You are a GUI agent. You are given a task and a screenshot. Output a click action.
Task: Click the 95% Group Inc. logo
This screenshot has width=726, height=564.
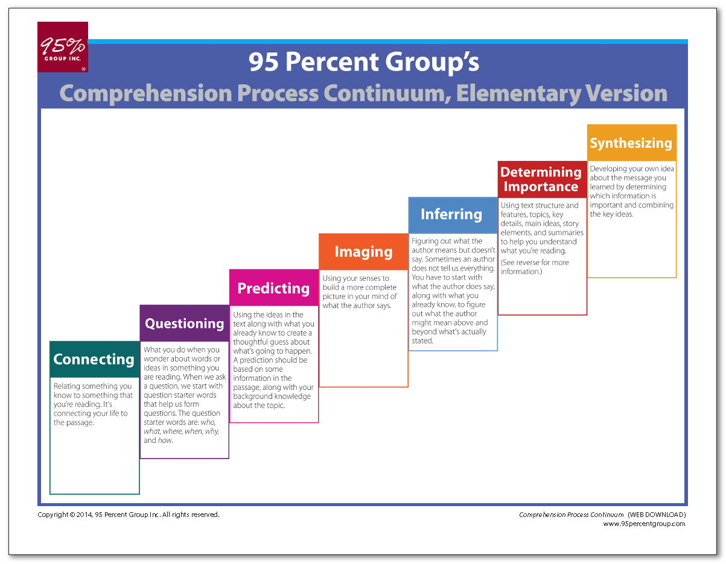63,47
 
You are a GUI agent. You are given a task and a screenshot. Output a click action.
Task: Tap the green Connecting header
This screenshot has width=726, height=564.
94,359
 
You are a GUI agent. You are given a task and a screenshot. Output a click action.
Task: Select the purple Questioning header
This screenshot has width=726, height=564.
184,324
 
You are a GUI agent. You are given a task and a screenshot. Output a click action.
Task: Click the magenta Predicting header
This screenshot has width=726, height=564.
273,288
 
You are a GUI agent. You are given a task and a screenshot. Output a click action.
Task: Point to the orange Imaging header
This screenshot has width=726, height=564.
363,252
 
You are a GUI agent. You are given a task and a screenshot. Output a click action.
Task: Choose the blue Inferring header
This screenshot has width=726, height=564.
452,215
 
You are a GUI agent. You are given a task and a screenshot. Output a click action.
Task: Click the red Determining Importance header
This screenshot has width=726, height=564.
541,180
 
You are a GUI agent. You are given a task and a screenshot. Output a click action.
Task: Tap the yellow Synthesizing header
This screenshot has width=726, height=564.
631,143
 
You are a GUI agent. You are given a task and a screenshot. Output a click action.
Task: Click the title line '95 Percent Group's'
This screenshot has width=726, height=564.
364,62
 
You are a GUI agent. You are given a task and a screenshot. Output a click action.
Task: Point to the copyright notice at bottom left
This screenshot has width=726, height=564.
128,515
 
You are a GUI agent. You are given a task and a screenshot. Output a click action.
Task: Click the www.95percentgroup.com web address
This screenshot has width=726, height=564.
644,524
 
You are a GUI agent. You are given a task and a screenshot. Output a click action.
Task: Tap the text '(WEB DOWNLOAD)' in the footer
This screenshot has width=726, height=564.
657,515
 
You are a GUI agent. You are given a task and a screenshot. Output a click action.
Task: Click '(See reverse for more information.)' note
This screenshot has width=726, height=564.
535,267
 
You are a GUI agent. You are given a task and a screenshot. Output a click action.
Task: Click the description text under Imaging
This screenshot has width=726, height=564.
360,292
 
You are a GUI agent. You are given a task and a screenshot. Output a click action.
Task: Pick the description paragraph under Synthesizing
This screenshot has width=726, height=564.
632,192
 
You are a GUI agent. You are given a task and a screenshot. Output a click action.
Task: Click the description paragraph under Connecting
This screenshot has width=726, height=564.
93,404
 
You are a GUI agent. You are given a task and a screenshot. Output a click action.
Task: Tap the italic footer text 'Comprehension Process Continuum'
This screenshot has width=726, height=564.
571,515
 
